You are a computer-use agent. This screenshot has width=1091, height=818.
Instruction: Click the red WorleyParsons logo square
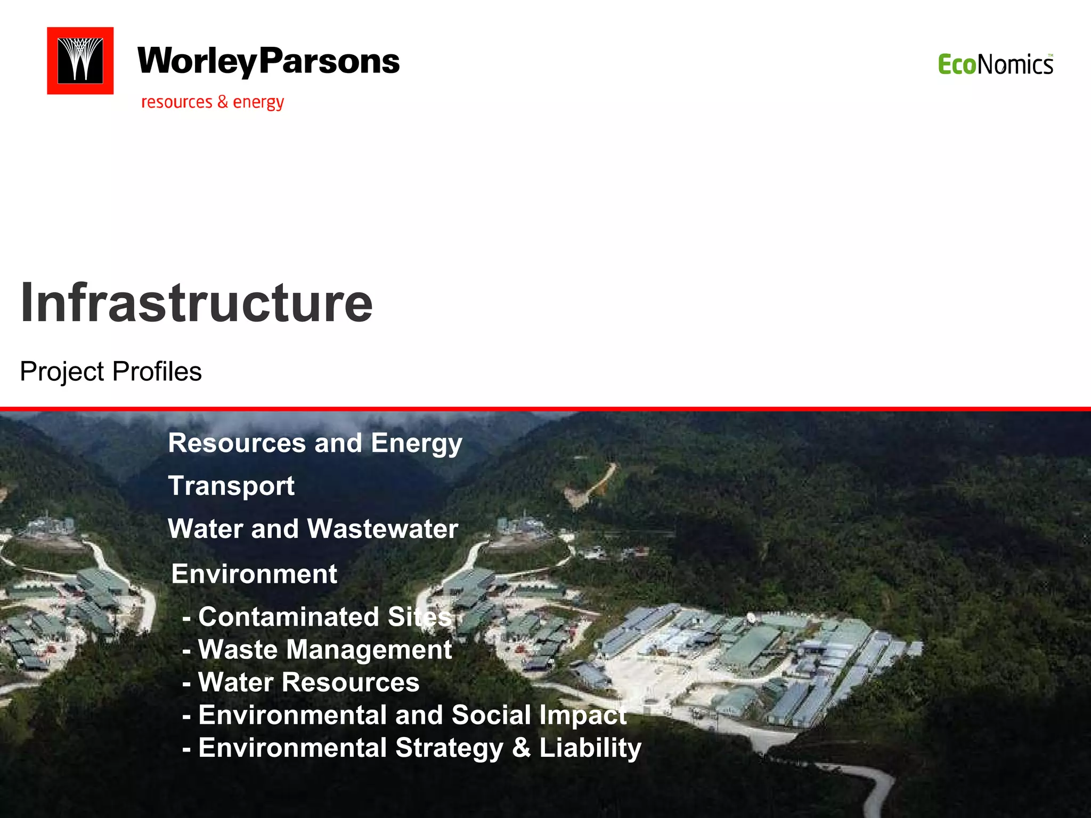(80, 61)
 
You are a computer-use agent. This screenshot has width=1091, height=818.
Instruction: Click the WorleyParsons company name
(268, 62)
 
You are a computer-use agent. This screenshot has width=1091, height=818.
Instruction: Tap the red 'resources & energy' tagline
(213, 102)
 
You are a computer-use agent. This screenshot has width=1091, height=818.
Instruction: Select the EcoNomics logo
(995, 65)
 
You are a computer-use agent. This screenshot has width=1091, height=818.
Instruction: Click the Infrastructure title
(196, 302)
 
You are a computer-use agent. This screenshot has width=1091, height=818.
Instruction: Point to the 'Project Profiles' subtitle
(111, 371)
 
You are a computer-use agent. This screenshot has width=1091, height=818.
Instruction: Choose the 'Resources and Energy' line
(315, 443)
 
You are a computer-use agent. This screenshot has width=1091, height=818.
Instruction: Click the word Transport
(231, 486)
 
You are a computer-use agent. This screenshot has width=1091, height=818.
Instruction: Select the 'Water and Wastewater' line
(313, 529)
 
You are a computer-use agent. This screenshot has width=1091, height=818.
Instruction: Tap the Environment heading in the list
(254, 574)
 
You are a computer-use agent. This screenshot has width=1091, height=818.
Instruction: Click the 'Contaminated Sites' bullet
(317, 617)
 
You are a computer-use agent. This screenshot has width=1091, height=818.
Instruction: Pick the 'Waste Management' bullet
(317, 650)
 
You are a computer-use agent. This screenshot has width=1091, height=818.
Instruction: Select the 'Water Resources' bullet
(302, 682)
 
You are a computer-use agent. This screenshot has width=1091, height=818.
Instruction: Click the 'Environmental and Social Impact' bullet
(405, 715)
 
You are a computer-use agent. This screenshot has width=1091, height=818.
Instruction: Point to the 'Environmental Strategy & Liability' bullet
(412, 748)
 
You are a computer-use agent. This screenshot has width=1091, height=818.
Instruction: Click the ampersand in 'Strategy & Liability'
(521, 747)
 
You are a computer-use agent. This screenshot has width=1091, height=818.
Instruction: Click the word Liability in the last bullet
(590, 748)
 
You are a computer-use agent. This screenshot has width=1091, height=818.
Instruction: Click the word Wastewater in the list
(382, 529)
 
